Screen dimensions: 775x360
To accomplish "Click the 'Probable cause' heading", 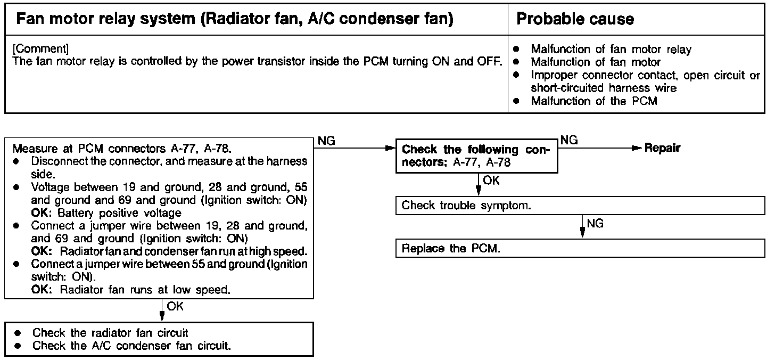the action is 575,19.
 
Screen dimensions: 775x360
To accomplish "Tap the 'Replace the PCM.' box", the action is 580,249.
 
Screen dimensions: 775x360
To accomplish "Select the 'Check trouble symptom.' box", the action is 580,206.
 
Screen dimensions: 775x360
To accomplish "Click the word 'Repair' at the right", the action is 662,148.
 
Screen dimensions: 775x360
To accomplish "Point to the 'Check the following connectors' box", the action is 476,156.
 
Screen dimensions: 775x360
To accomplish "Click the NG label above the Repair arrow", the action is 569,140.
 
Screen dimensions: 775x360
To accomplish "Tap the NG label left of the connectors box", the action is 327,140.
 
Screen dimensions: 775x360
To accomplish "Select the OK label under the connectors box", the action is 491,181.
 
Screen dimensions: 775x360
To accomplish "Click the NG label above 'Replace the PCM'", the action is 596,224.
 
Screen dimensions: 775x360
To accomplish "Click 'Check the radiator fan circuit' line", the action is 110,333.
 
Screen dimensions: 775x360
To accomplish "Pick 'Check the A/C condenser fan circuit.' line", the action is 132,346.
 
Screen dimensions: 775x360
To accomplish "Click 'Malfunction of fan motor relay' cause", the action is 611,50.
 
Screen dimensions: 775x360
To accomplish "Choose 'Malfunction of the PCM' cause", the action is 594,101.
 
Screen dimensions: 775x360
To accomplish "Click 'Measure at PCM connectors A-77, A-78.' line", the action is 122,148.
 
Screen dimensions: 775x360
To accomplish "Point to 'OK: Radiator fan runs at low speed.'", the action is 130,290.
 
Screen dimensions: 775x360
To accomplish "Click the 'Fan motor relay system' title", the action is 235,19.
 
